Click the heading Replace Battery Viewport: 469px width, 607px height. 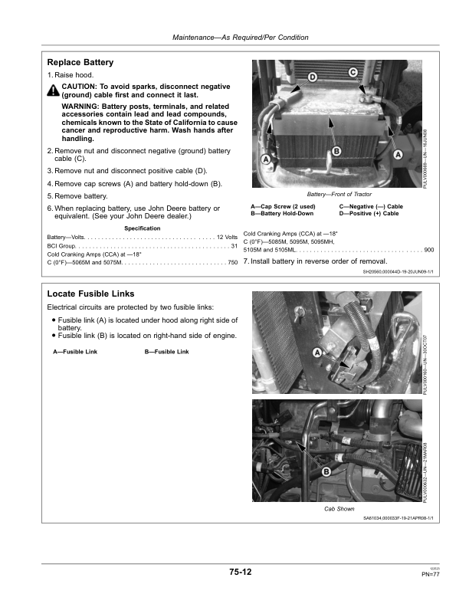point(80,62)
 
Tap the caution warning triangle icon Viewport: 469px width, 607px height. point(52,90)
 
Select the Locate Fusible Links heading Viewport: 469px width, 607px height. point(90,294)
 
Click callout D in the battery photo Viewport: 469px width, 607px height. point(313,78)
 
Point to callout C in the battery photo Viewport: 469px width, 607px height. point(353,72)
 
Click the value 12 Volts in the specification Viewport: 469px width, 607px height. point(228,238)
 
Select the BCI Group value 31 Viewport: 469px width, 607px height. point(234,247)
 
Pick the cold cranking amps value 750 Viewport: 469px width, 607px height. point(232,264)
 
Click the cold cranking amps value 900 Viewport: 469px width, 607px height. point(428,251)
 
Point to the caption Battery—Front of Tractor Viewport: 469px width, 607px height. point(339,195)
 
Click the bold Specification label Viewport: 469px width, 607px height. point(142,228)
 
